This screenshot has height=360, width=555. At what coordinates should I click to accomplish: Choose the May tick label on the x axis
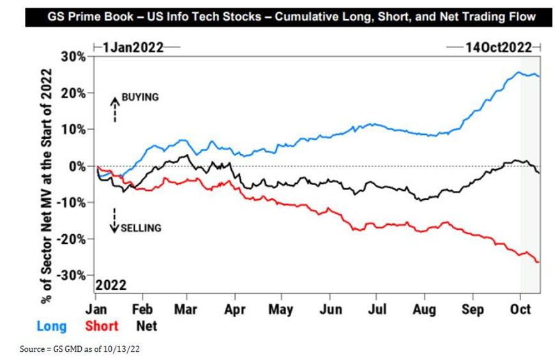coord(282,310)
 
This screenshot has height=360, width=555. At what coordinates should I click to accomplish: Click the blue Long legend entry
coord(52,326)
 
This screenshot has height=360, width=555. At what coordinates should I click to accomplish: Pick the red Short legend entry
coord(102,326)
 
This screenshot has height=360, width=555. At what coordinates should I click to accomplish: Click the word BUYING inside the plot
coord(139,98)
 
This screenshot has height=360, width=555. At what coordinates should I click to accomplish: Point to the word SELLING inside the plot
coord(141,228)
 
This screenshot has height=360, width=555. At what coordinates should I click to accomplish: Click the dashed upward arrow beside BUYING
coord(114,109)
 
